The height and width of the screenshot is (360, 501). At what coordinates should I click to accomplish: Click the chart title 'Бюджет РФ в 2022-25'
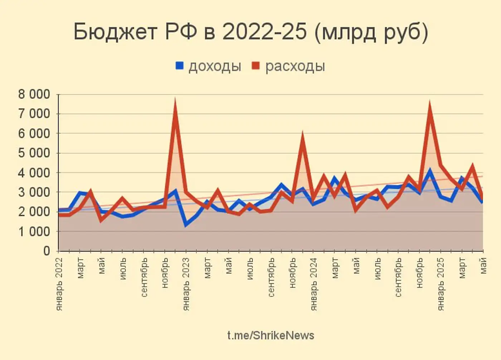click(x=190, y=32)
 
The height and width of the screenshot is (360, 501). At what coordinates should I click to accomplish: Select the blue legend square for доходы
click(x=179, y=66)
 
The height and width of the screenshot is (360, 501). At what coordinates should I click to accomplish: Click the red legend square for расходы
click(x=256, y=66)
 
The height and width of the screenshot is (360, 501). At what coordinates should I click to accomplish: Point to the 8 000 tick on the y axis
click(x=34, y=95)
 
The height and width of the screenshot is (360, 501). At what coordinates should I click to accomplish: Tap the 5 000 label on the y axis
click(x=34, y=153)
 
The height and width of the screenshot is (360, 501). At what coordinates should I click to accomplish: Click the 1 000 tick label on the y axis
click(x=34, y=232)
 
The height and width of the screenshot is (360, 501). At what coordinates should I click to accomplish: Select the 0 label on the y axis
click(x=47, y=251)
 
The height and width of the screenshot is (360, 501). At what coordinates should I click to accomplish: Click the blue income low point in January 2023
click(x=186, y=225)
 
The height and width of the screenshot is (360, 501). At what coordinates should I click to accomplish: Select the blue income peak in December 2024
click(x=430, y=171)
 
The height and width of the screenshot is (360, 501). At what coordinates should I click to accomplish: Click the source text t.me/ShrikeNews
click(x=271, y=336)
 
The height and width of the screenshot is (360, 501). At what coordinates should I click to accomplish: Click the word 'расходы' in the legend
click(x=295, y=66)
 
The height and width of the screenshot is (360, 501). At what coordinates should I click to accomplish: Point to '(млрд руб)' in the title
click(x=371, y=32)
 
